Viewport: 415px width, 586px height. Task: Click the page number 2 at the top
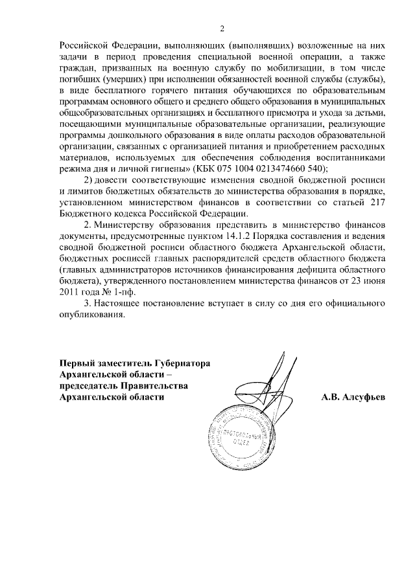pyautogui.click(x=222, y=28)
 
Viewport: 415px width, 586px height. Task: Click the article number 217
pyautogui.click(x=377, y=204)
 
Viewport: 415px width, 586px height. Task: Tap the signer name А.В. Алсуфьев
pyautogui.click(x=353, y=398)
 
